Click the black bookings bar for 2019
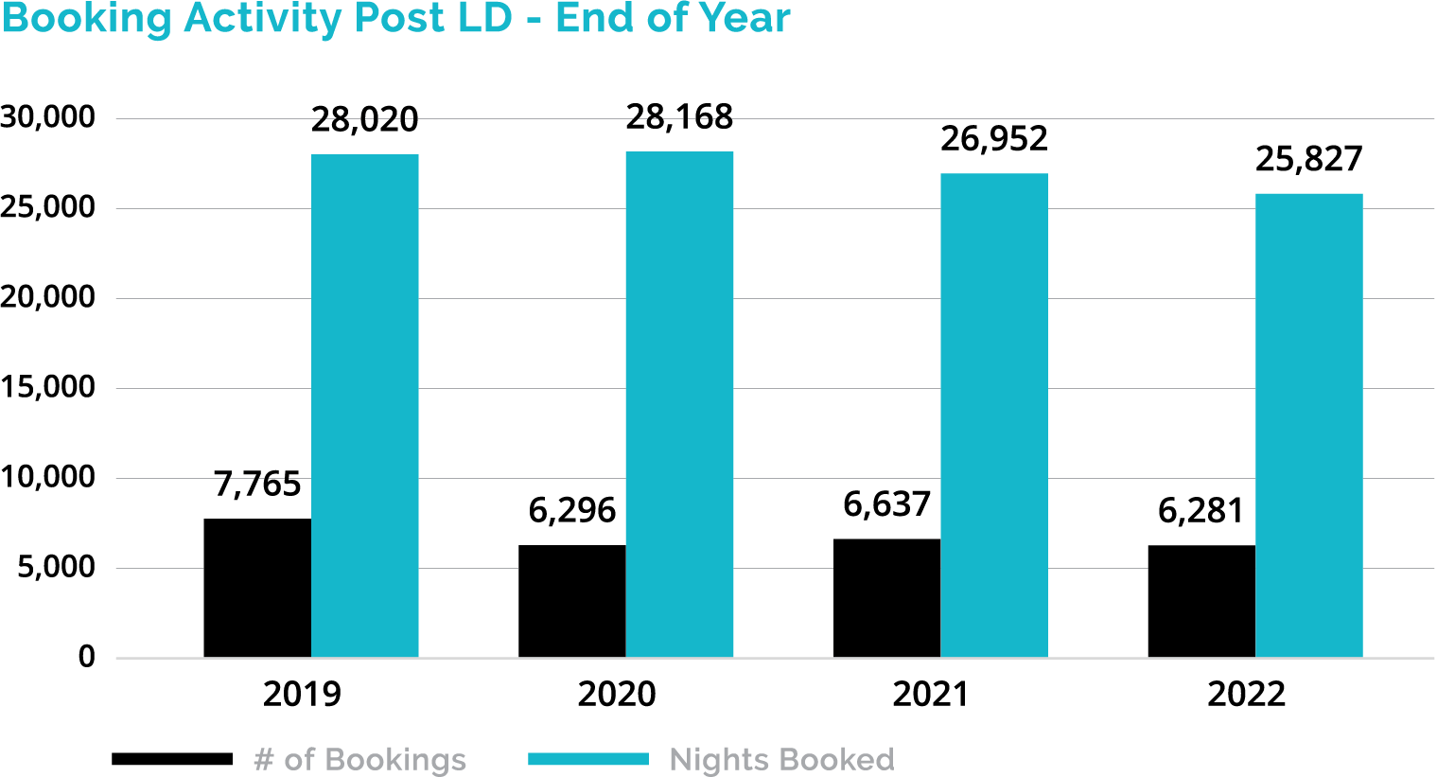[257, 588]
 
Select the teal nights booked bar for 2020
[679, 404]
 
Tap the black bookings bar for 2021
[886, 598]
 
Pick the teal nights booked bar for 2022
[1309, 426]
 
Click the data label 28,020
[364, 120]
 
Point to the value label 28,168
[679, 117]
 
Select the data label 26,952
[994, 139]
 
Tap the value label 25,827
[1309, 160]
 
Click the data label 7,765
[257, 485]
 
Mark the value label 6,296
[572, 511]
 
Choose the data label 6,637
[887, 505]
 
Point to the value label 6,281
[1201, 511]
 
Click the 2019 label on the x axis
[302, 695]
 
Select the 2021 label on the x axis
[931, 695]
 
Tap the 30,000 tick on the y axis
[48, 117]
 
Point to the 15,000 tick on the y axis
[48, 387]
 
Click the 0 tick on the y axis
[87, 657]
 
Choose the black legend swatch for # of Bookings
[172, 759]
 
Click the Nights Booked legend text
[781, 760]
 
